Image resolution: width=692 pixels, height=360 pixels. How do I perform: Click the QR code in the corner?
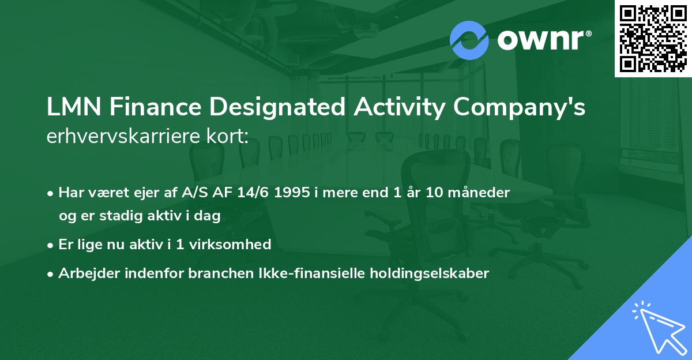coord(653,38)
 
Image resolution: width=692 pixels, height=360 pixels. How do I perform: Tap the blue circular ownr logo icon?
coord(469,40)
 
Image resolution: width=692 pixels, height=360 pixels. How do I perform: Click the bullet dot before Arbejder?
coord(51,274)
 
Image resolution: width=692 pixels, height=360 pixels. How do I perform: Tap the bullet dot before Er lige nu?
coord(51,245)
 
